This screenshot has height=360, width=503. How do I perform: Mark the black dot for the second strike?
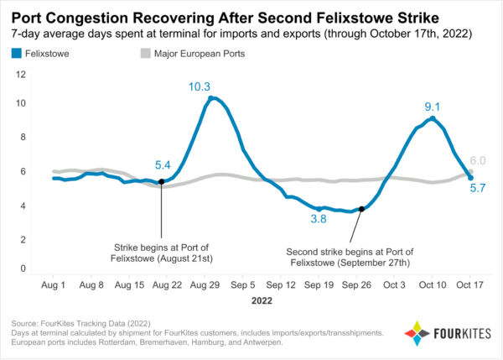pos(361,209)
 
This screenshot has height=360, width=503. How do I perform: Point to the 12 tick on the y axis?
pos(22,75)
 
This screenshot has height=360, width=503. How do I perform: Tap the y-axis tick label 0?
pos(24,269)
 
